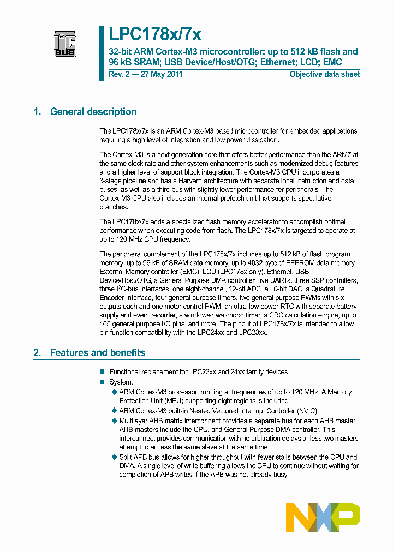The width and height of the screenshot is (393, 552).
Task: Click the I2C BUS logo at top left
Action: pos(64,44)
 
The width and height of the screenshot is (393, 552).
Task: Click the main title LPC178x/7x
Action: pos(155,34)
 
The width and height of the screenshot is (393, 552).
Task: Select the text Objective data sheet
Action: pos(324,74)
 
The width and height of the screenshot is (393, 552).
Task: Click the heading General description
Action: pos(93,112)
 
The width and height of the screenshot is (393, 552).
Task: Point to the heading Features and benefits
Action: pos(97,353)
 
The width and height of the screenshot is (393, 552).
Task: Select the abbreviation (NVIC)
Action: pos(303,411)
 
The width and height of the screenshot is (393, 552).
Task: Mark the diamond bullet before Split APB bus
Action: pos(114,457)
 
